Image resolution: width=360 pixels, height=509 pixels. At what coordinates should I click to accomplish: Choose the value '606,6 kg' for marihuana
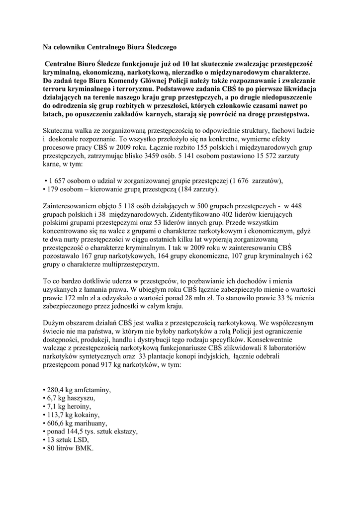click(60, 423)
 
